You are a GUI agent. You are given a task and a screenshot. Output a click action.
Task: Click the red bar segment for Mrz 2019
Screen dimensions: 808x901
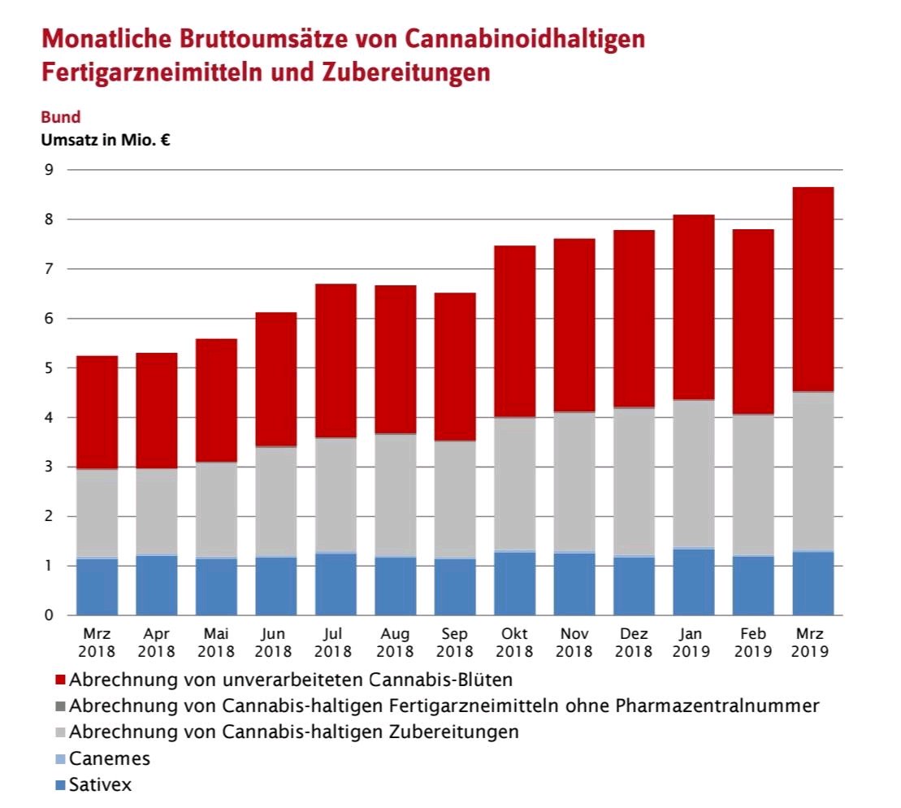point(812,289)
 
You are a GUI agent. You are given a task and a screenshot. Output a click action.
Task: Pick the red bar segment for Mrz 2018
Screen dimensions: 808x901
point(97,412)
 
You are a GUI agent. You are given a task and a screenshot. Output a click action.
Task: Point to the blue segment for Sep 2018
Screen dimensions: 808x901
point(455,586)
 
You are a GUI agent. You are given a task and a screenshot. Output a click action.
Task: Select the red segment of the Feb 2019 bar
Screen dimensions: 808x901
point(753,322)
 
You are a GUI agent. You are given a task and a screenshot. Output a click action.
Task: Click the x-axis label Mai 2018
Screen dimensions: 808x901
point(216,642)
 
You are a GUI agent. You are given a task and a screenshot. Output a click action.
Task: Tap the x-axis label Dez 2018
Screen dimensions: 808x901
point(634,642)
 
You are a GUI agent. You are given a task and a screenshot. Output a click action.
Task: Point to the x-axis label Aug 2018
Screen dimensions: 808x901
point(395,642)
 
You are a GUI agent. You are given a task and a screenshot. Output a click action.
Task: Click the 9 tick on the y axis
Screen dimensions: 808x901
point(49,170)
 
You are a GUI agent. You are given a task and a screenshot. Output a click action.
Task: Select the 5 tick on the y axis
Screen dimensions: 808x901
point(49,368)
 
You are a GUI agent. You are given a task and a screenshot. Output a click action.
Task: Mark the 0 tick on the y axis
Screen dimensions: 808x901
point(49,615)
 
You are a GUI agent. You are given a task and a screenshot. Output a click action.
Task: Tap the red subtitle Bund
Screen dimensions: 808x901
point(60,117)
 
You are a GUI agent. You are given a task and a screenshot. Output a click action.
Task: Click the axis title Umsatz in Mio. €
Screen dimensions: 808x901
point(105,139)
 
